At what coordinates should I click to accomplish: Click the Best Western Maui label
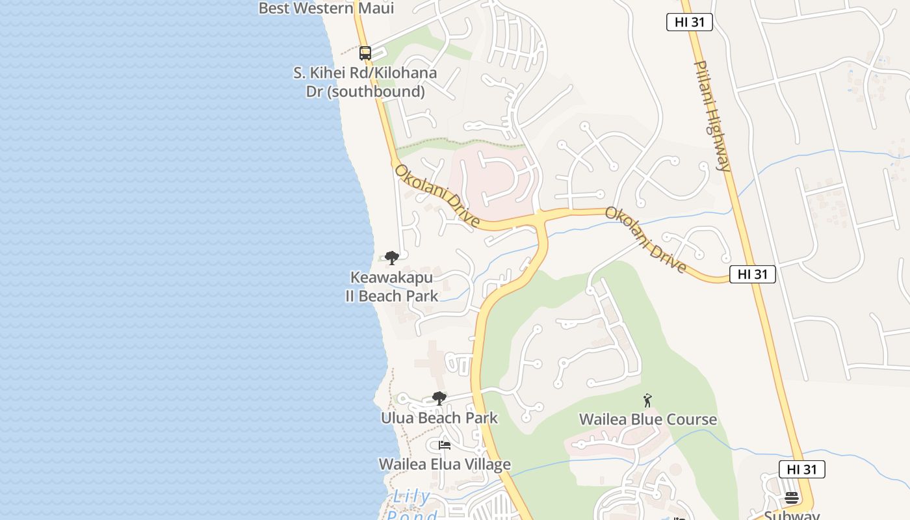pos(326,8)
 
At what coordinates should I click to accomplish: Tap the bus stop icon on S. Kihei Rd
pos(365,53)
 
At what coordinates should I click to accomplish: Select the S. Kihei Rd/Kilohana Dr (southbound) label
pos(365,82)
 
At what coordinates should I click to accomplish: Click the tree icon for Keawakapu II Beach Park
pos(391,258)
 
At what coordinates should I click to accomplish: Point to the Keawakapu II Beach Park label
pos(391,287)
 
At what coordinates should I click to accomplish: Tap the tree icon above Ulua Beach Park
pos(439,398)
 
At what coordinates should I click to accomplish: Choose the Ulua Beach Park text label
pos(439,418)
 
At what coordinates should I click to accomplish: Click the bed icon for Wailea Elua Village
pos(445,445)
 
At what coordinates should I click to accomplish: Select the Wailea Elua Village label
pos(445,464)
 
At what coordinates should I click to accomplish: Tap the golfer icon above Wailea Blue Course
pos(647,400)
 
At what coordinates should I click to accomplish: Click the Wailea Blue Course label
pos(648,419)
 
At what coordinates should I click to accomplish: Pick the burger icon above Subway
pos(792,498)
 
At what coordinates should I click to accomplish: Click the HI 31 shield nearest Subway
pos(802,469)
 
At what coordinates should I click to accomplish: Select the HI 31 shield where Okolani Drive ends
pos(753,274)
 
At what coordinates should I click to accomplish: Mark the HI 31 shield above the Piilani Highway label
pos(690,22)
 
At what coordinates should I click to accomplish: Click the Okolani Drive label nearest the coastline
pos(437,196)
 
